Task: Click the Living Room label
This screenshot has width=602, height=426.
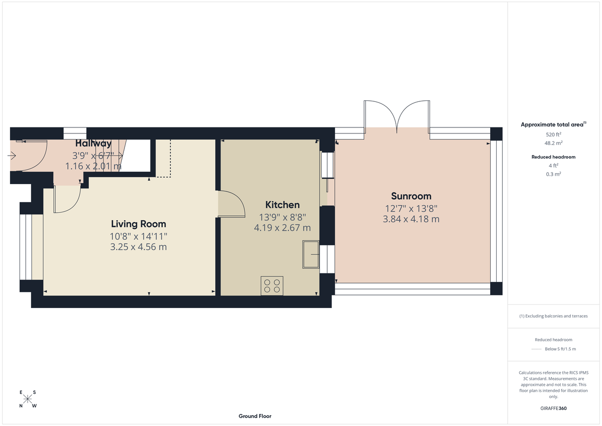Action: tap(138, 224)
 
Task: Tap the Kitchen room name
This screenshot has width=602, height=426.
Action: tap(282, 205)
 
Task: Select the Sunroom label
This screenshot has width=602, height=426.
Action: tap(411, 196)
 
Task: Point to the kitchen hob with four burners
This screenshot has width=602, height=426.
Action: tap(271, 286)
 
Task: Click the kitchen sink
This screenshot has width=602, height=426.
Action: tap(311, 255)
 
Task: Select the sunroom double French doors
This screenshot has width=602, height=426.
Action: tap(397, 116)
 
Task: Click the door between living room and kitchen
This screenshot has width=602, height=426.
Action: tap(232, 205)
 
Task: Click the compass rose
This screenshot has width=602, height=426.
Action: tap(28, 399)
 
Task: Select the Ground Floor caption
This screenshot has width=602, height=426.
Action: tap(255, 416)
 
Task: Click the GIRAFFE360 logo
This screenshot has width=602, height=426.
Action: tap(553, 408)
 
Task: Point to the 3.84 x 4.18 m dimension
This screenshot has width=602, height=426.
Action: tap(411, 219)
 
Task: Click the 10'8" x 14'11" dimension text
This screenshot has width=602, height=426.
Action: tap(138, 236)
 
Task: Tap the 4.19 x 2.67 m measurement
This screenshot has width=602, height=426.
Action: tap(282, 227)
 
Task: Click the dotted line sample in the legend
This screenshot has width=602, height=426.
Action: tap(536, 349)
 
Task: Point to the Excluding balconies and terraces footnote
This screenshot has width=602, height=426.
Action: tap(553, 316)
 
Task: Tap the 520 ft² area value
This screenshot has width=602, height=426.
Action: tap(553, 134)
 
